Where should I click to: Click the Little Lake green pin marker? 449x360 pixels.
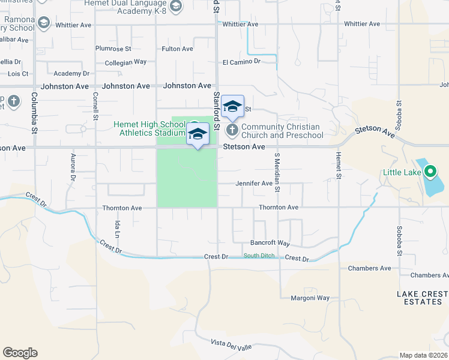pyautogui.click(x=430, y=173)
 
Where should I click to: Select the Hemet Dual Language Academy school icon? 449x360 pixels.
pyautogui.click(x=175, y=7)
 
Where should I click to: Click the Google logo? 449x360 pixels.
pyautogui.click(x=20, y=353)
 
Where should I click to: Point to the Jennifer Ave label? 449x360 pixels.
pyautogui.click(x=254, y=183)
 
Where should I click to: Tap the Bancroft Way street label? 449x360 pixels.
pyautogui.click(x=270, y=244)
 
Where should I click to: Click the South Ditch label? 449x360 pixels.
pyautogui.click(x=260, y=256)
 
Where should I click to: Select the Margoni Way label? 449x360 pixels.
pyautogui.click(x=310, y=298)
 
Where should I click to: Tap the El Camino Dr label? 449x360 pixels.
pyautogui.click(x=241, y=61)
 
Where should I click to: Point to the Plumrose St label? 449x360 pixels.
pyautogui.click(x=113, y=49)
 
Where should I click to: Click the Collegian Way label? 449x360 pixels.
pyautogui.click(x=126, y=62)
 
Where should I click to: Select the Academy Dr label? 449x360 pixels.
pyautogui.click(x=71, y=73)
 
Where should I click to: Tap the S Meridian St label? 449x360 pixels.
pyautogui.click(x=277, y=172)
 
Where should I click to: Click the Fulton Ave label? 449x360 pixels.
pyautogui.click(x=177, y=49)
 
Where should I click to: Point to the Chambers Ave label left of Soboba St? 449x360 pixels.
pyautogui.click(x=369, y=268)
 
